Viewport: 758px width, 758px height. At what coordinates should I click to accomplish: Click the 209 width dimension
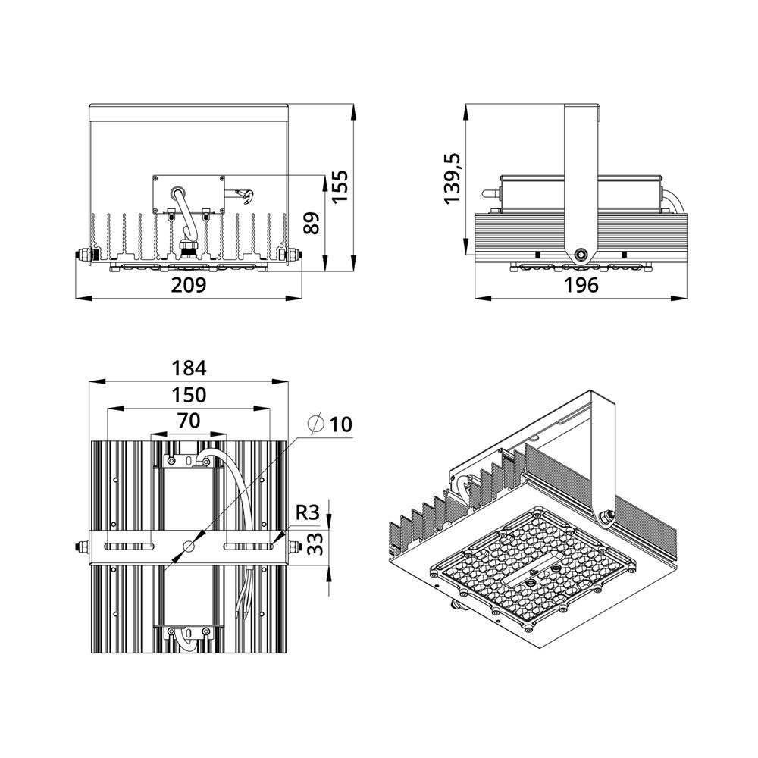[189, 285]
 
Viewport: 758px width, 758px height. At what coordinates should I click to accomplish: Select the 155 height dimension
[340, 186]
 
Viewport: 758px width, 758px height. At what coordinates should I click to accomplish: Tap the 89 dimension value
[312, 223]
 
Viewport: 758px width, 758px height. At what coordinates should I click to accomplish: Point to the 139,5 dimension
[453, 178]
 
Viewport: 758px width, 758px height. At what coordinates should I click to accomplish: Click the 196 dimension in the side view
[581, 285]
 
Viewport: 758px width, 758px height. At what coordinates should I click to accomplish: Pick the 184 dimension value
[189, 368]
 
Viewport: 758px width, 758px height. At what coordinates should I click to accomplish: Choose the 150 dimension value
[189, 395]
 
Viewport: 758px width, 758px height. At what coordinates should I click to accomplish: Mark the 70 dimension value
[189, 421]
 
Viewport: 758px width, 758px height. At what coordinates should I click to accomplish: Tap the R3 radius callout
[308, 512]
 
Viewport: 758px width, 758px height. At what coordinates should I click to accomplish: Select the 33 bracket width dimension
[315, 543]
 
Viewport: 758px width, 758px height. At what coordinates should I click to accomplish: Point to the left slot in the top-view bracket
[130, 547]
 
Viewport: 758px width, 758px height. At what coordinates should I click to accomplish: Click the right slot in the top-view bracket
[248, 547]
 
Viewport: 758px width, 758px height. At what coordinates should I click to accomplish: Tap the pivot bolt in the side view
[581, 253]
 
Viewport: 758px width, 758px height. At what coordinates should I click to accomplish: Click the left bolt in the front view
[82, 254]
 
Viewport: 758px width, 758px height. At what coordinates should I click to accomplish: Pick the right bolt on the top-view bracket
[294, 547]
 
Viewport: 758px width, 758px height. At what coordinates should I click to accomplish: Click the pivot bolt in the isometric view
[605, 516]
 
